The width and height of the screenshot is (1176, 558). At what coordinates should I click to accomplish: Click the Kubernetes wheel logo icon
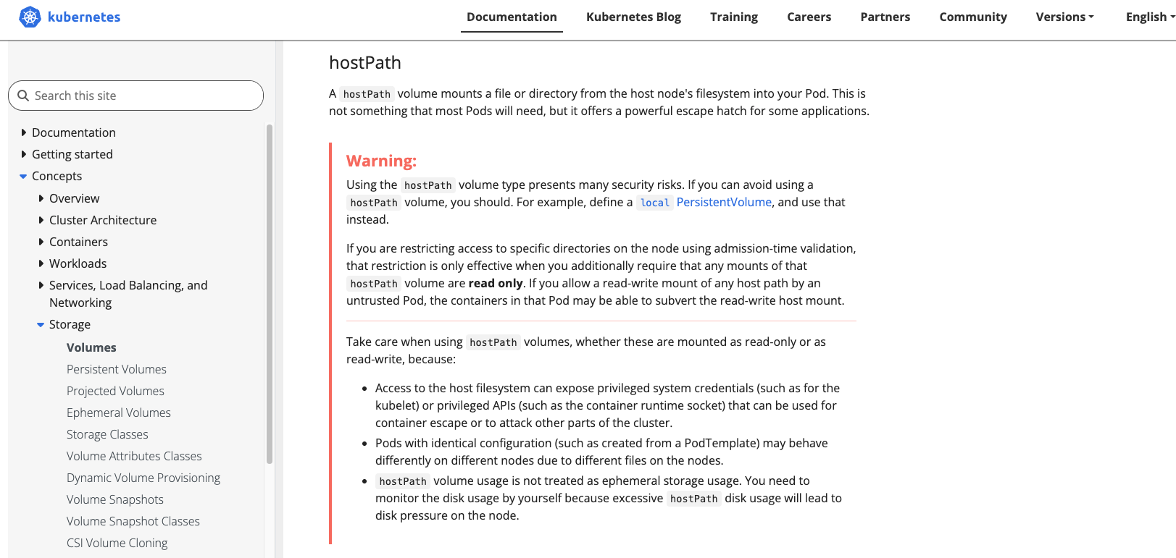coord(30,17)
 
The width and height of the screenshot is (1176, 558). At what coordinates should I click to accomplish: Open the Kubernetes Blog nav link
coord(633,17)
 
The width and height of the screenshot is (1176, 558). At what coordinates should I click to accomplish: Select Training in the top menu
coord(733,17)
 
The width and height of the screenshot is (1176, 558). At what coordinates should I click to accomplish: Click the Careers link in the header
coord(809,17)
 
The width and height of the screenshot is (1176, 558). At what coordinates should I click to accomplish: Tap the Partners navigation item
coord(885,17)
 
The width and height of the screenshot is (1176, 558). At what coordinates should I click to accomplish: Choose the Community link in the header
coord(972,17)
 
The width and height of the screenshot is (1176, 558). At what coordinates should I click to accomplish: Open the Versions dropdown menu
coord(1064,17)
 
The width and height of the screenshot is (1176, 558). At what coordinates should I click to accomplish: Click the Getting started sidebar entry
coord(72,154)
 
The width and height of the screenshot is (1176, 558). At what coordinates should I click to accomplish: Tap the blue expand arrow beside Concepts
coord(23,176)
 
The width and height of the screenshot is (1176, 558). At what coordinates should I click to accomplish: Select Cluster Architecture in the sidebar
coord(103,220)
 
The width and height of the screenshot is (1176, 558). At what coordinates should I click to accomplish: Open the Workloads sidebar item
coord(78,263)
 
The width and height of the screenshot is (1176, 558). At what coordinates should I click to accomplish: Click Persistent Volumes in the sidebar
coord(117,369)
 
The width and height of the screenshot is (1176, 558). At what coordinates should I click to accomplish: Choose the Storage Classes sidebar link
coord(107,434)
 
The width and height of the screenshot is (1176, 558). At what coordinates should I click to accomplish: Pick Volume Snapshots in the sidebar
coord(115,499)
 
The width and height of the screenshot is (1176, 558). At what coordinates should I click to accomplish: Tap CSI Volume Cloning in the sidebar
coord(117,543)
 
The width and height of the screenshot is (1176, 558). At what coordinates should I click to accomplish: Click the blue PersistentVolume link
coord(724,202)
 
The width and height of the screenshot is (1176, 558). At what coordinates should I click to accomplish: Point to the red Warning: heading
coord(381,161)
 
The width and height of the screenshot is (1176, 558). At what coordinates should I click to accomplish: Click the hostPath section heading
coord(365,63)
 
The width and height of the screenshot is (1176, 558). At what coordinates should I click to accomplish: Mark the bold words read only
coord(496,283)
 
